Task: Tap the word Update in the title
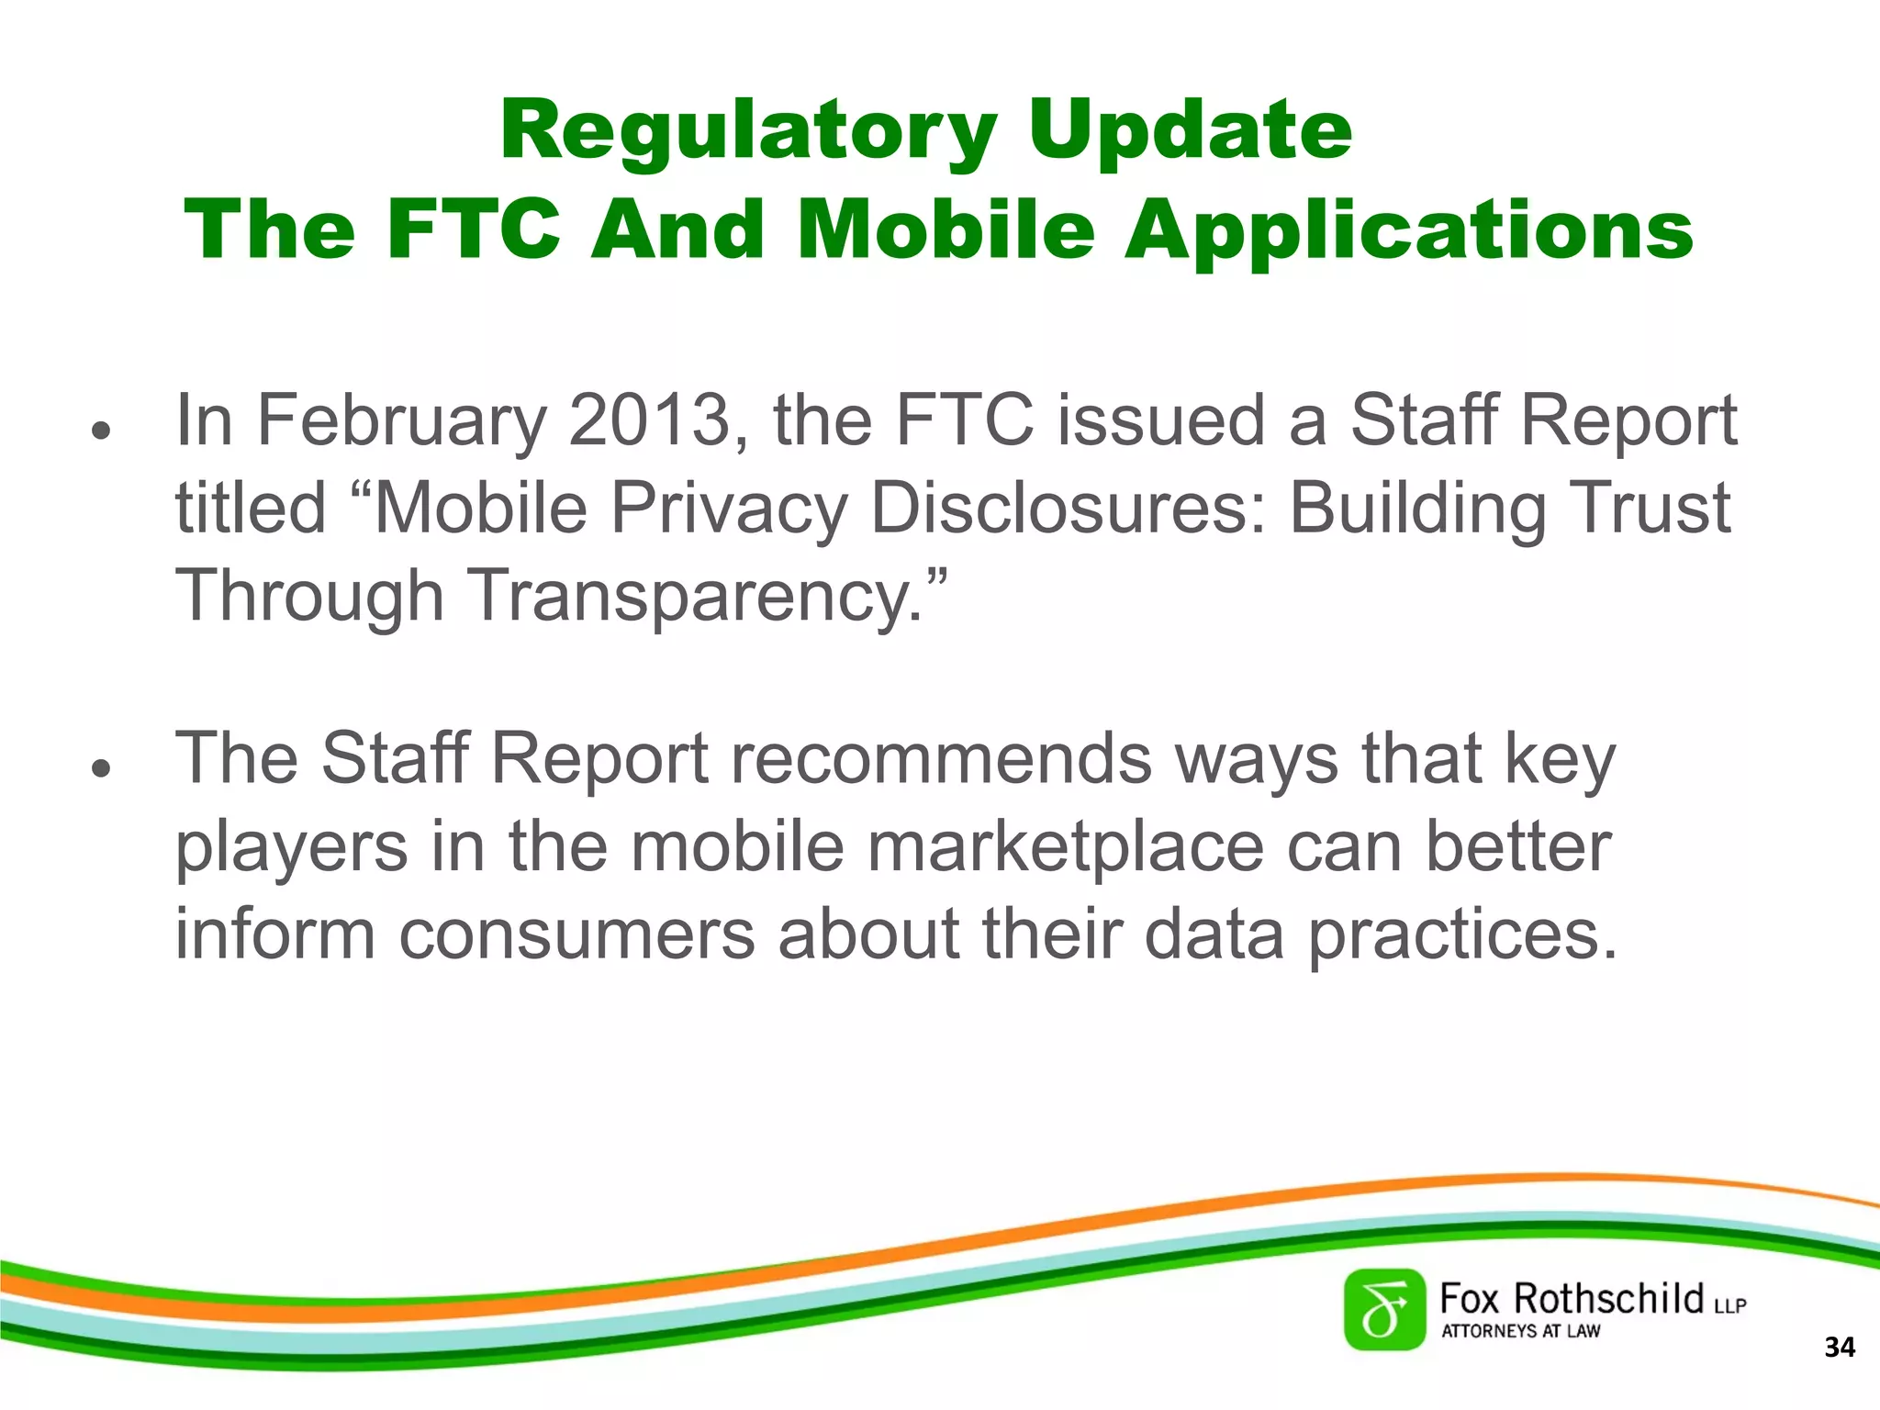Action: tap(1190, 131)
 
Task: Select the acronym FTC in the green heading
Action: tap(474, 229)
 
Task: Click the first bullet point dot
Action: tap(101, 430)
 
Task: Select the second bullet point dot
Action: tap(101, 768)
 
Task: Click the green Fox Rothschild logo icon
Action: tap(1384, 1310)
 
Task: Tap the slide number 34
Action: tap(1839, 1348)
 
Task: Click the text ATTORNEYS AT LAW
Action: tap(1520, 1331)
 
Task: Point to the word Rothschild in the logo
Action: tap(1607, 1299)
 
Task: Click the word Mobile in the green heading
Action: tap(946, 229)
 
